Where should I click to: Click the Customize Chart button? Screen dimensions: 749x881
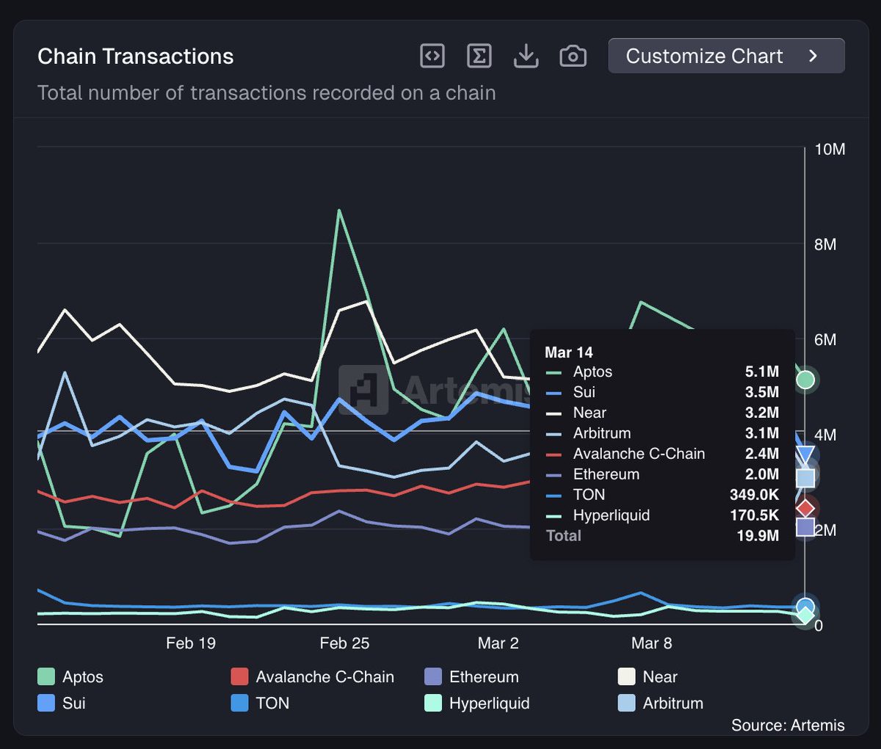(x=726, y=56)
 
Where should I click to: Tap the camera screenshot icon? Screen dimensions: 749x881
(x=573, y=56)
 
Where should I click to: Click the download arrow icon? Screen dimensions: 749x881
(x=526, y=56)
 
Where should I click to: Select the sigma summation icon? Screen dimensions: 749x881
(x=479, y=56)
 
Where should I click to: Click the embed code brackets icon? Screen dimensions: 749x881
(x=432, y=56)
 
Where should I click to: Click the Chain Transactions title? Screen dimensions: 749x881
(x=135, y=57)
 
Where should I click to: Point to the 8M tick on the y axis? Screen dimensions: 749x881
(x=825, y=245)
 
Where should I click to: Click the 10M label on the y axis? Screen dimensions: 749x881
(x=830, y=150)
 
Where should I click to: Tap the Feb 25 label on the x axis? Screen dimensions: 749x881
(x=344, y=643)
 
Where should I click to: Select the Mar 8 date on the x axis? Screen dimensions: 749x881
(x=651, y=643)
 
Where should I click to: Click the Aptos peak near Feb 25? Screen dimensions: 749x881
(x=338, y=211)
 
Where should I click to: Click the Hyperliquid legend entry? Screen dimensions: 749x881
(x=488, y=703)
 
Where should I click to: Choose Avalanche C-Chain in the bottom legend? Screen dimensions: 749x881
(x=324, y=677)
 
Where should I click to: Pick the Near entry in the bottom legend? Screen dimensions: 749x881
(x=659, y=677)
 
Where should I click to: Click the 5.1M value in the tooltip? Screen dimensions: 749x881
(x=761, y=372)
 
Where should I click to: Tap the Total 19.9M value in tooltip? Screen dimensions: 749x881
(x=758, y=535)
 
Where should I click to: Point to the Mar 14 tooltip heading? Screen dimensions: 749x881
(x=568, y=352)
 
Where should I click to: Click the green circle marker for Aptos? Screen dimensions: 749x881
(x=805, y=380)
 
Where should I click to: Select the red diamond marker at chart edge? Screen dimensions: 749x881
(x=805, y=507)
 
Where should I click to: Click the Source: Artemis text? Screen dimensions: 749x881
(x=787, y=726)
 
